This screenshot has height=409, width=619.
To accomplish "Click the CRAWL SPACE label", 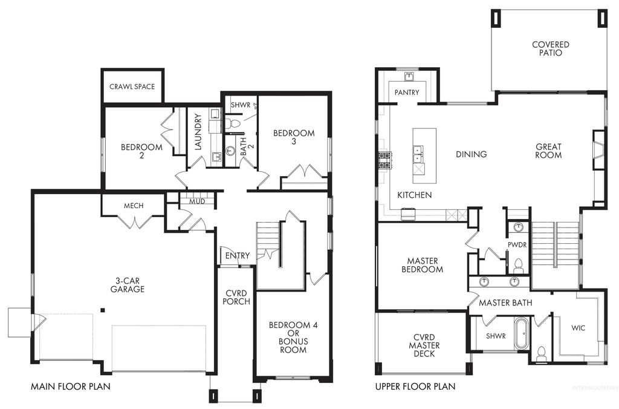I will (132, 87).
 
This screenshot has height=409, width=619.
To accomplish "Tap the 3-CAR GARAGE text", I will (127, 284).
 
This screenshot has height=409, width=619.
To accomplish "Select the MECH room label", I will (134, 206).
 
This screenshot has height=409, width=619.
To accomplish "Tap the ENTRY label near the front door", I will (237, 256).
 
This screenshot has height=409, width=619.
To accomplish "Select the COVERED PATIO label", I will (550, 48).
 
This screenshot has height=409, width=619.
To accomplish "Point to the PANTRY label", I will (407, 93).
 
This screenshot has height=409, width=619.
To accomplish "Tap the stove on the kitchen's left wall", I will (383, 160).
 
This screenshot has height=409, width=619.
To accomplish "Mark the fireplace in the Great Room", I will (598, 149).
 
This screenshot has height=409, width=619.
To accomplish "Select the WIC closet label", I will (578, 328).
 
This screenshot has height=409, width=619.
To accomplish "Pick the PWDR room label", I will (517, 246).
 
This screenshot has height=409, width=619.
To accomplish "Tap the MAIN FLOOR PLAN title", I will (70, 385).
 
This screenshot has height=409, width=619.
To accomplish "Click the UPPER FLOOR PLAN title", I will (415, 386).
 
